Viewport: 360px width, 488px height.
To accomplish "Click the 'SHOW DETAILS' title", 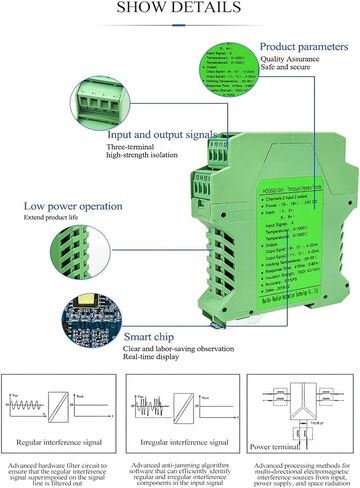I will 179,8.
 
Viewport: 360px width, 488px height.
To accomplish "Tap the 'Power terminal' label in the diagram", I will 270,446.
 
